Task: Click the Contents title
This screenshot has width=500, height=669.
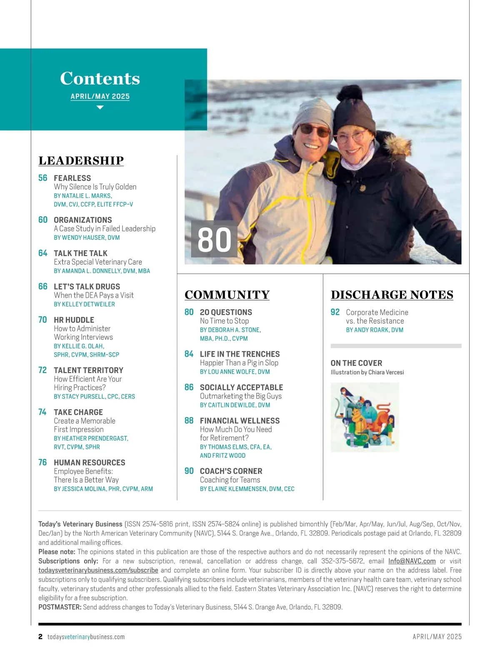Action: (x=100, y=78)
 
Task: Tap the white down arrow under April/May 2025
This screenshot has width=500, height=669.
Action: (x=100, y=107)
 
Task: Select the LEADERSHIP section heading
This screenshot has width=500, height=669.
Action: (x=81, y=161)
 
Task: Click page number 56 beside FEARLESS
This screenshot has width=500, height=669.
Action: (x=43, y=178)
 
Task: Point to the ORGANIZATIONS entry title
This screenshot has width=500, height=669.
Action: (x=83, y=220)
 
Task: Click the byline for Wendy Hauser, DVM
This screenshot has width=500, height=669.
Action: (x=87, y=237)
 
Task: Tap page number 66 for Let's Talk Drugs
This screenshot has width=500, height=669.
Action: (x=43, y=287)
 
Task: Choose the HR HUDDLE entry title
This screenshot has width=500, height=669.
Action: (x=74, y=320)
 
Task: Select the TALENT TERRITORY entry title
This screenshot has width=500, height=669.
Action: (x=89, y=370)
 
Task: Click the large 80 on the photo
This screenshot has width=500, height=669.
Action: (x=214, y=240)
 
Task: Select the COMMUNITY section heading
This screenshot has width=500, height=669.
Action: (x=227, y=295)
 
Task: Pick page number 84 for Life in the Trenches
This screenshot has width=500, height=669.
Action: (x=189, y=354)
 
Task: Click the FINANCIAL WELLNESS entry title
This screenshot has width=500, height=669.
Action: (x=240, y=421)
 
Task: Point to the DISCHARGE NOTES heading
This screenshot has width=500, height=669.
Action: (x=392, y=295)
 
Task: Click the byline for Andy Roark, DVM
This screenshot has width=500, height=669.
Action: (x=375, y=330)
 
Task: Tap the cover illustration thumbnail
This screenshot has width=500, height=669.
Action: (x=365, y=417)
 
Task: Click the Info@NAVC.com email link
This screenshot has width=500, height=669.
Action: (x=412, y=561)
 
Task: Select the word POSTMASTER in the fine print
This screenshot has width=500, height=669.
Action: (x=60, y=607)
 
